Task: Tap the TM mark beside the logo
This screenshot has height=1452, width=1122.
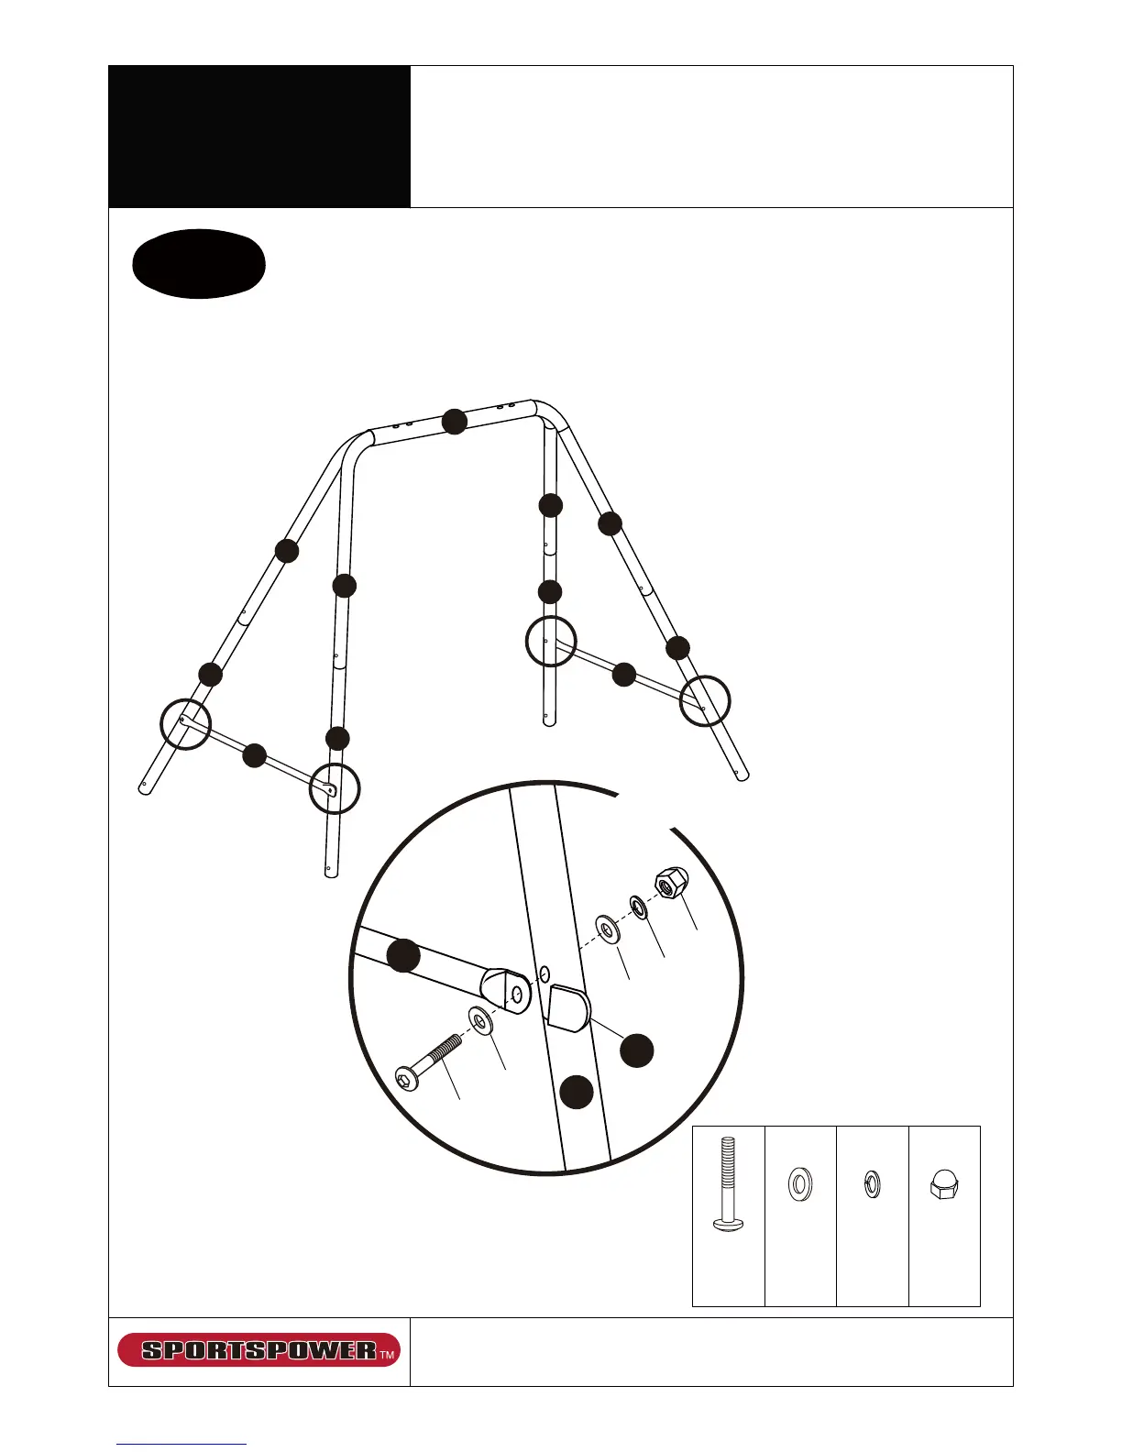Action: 388,1354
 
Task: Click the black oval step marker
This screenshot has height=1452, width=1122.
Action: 199,263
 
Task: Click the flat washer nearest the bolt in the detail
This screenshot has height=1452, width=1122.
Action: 479,1018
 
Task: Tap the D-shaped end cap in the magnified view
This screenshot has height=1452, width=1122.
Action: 568,1008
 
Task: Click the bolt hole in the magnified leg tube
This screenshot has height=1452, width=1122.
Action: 544,972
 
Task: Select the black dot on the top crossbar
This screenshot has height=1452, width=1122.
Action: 455,421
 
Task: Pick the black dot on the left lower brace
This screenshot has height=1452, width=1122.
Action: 254,755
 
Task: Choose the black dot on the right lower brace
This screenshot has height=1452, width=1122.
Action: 623,675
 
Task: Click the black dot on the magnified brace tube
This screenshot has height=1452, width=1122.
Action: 403,955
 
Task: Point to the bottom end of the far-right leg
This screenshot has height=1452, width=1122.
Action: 742,775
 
